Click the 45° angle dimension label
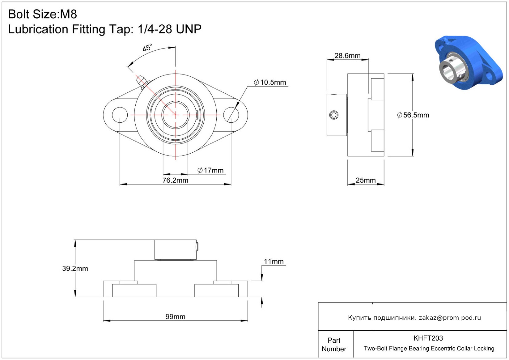click(147, 48)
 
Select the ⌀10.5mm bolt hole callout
click(270, 83)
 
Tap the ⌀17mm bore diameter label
click(210, 170)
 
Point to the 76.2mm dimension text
click(175, 180)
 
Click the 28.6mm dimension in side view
click(347, 56)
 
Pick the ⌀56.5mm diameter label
click(413, 115)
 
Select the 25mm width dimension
click(366, 180)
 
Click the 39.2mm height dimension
click(75, 269)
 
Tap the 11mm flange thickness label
click(274, 262)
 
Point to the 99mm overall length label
click(175, 317)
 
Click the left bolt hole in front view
click(120, 115)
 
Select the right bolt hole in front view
click(231, 115)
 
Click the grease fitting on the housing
click(142, 81)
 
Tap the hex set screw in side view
click(334, 115)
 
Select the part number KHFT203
click(428, 338)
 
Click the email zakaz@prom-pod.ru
click(450, 318)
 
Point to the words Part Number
click(334, 345)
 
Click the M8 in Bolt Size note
click(68, 14)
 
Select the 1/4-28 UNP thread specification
click(169, 29)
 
